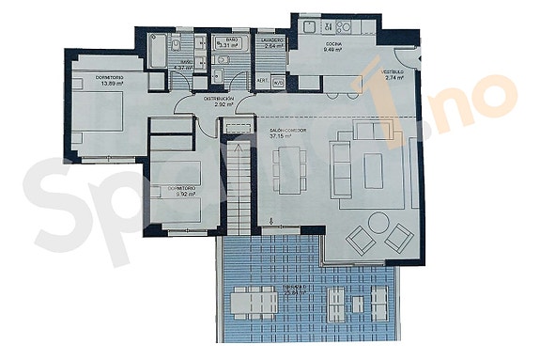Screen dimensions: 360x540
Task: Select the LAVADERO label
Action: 274,40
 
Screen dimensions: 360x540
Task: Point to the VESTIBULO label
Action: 392,71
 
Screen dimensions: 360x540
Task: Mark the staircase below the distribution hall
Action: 239,183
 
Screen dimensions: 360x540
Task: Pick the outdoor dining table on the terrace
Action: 252,302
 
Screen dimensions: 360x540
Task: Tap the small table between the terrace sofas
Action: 356,300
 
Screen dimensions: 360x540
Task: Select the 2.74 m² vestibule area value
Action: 393,78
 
